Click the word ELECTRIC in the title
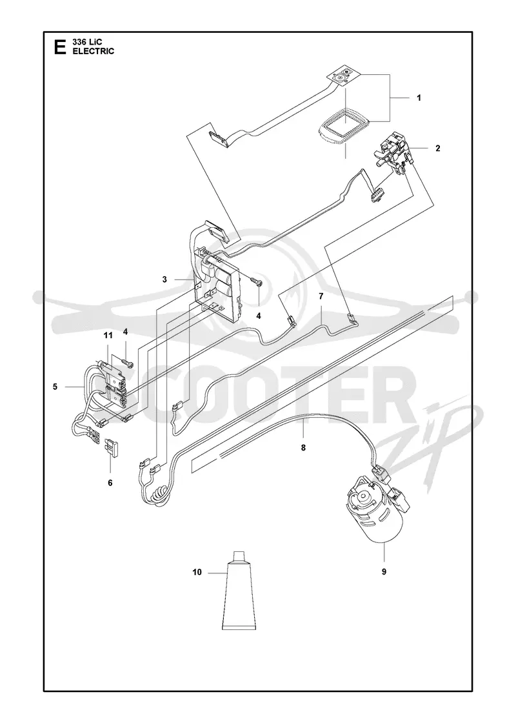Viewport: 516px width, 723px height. point(94,51)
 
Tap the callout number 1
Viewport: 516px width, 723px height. point(419,97)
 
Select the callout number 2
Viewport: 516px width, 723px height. point(438,148)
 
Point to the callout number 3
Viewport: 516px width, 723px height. point(164,280)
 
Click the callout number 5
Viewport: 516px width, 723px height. point(55,387)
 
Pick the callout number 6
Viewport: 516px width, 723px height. point(110,483)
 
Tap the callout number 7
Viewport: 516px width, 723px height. point(321,296)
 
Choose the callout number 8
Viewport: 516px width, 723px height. point(303,447)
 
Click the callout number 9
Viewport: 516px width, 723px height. point(384,572)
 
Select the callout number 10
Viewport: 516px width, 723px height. point(197,572)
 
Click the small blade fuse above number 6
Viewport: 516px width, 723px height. point(113,447)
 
